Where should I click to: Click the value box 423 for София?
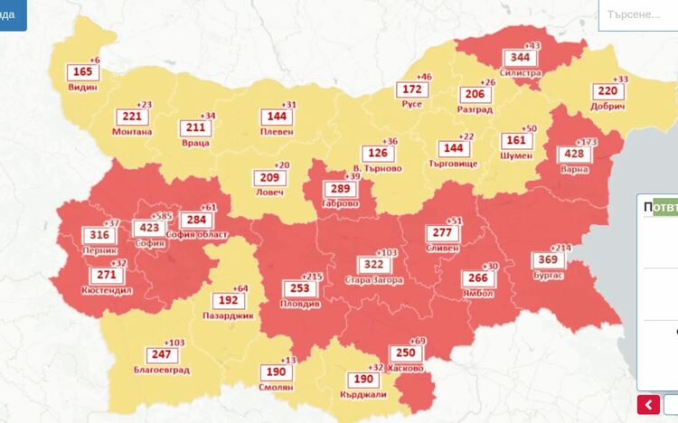click(x=146, y=228)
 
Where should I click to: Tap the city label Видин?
click(x=82, y=88)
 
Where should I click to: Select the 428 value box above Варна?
click(x=574, y=154)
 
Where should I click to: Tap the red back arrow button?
click(x=648, y=404)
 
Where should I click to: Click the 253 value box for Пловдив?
click(x=300, y=288)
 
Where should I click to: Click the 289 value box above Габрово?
click(x=340, y=189)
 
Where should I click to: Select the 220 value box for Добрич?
click(x=607, y=91)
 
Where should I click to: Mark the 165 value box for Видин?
click(x=82, y=72)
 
